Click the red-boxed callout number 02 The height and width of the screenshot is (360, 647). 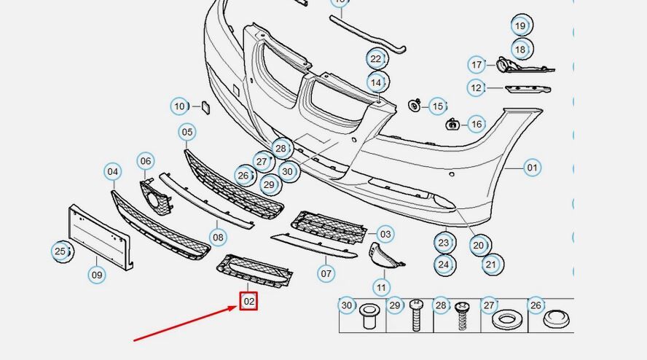coord(248,302)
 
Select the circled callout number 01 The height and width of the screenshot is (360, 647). coord(533,168)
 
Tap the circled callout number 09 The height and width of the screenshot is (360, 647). coord(97,275)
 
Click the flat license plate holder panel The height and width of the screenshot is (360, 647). coord(101,237)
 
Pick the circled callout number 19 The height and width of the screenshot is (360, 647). coord(521,26)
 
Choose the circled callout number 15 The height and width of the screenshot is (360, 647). coord(438,106)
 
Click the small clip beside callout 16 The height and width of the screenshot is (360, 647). coord(452,124)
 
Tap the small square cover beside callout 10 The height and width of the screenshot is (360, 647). coord(205,107)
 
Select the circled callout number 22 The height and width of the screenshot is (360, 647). coord(375,59)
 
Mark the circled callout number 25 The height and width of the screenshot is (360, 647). coord(60,251)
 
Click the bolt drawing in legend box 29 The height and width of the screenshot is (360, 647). coord(416,315)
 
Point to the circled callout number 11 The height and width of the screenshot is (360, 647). coord(381,287)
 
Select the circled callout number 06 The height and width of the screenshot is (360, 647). coord(146,161)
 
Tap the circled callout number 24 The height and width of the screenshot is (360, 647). coord(444,265)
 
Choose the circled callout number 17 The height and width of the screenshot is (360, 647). coord(477,65)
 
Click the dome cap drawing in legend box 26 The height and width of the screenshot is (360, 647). coord(555,318)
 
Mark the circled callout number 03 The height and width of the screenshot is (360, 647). coord(385,234)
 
